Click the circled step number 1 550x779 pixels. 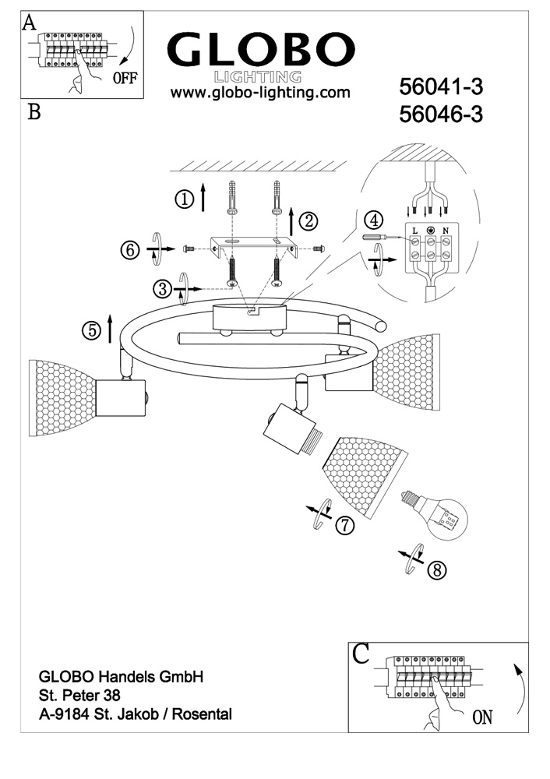185,199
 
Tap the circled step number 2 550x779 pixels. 310,221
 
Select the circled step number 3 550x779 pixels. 162,290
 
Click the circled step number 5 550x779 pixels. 92,330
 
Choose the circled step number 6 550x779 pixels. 131,250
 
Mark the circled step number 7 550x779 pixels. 344,526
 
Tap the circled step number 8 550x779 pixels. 438,569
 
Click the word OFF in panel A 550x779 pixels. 125,77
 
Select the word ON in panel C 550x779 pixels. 483,717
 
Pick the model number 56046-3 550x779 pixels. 441,115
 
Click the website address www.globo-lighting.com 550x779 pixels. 260,93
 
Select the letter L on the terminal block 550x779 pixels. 414,231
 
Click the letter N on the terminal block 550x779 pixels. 445,231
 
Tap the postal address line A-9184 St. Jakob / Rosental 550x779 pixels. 136,713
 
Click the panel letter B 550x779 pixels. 34,112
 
